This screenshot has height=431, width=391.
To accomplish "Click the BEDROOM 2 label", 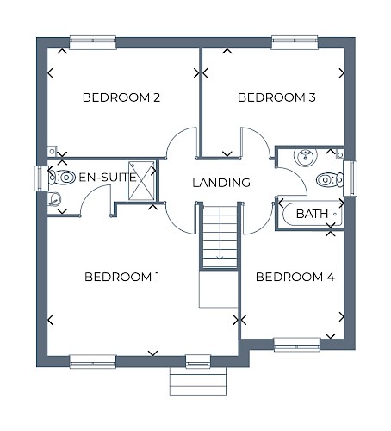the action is [121, 97].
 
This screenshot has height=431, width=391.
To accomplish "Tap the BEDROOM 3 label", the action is [276, 97].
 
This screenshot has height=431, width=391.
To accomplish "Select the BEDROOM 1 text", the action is [122, 277].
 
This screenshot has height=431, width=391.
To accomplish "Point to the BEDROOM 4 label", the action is [295, 277].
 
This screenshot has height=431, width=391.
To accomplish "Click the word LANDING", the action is [221, 183].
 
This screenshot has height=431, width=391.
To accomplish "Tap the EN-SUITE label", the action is [108, 178].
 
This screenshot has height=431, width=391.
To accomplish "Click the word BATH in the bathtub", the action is [312, 214].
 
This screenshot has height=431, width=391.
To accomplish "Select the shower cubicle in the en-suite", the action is [142, 181].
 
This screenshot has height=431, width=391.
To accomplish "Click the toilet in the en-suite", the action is [62, 178].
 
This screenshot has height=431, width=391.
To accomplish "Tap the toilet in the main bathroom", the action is [330, 180].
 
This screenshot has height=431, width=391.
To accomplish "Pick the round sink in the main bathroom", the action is [306, 157].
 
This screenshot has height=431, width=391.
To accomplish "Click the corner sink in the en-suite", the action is [54, 199].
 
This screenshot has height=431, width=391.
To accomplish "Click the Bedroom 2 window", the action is [93, 42].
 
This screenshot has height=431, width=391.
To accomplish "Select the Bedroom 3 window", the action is [295, 42].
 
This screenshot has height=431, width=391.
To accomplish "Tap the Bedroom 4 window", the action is [297, 345].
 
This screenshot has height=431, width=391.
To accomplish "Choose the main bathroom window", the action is [351, 178].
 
